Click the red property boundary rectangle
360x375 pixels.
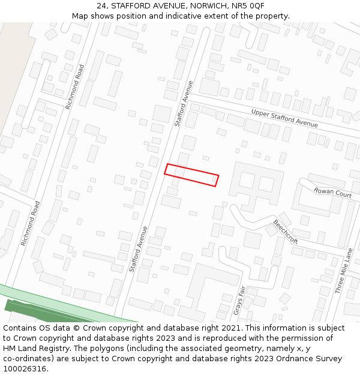(191, 175)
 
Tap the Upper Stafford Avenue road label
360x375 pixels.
(284, 118)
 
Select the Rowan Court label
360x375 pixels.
(332, 192)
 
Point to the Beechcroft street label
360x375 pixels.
(285, 231)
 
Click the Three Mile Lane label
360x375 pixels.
(344, 271)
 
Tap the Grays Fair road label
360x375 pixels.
(240, 300)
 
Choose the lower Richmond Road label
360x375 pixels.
(31, 223)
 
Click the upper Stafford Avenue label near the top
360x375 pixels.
(184, 103)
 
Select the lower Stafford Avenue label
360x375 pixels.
(138, 249)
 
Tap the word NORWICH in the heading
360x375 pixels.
(202, 6)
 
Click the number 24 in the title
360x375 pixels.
(101, 6)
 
